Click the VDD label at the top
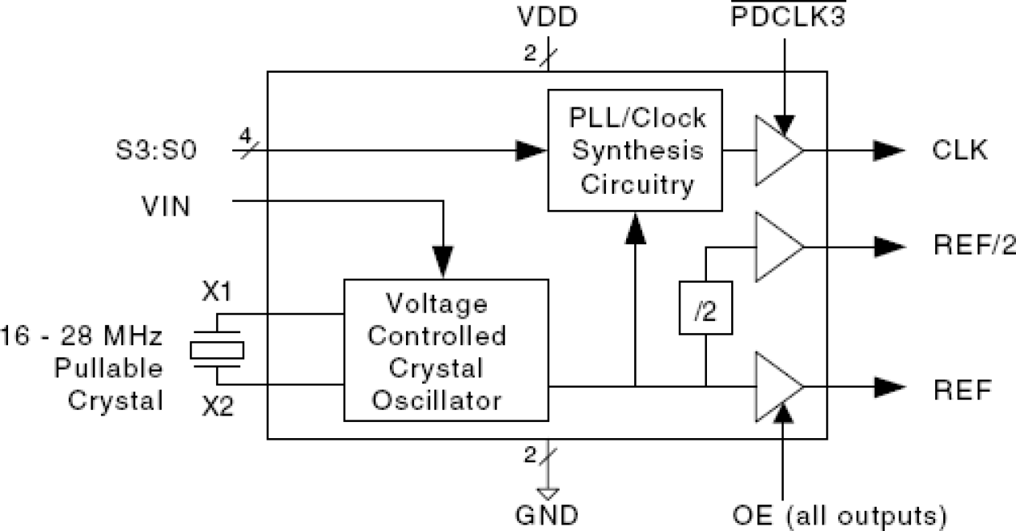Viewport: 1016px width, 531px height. point(548,18)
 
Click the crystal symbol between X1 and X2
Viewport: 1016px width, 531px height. point(217,349)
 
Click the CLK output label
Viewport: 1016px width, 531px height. point(960,150)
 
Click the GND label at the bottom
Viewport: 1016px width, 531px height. point(547,514)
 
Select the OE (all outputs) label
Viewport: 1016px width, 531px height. point(837,514)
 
